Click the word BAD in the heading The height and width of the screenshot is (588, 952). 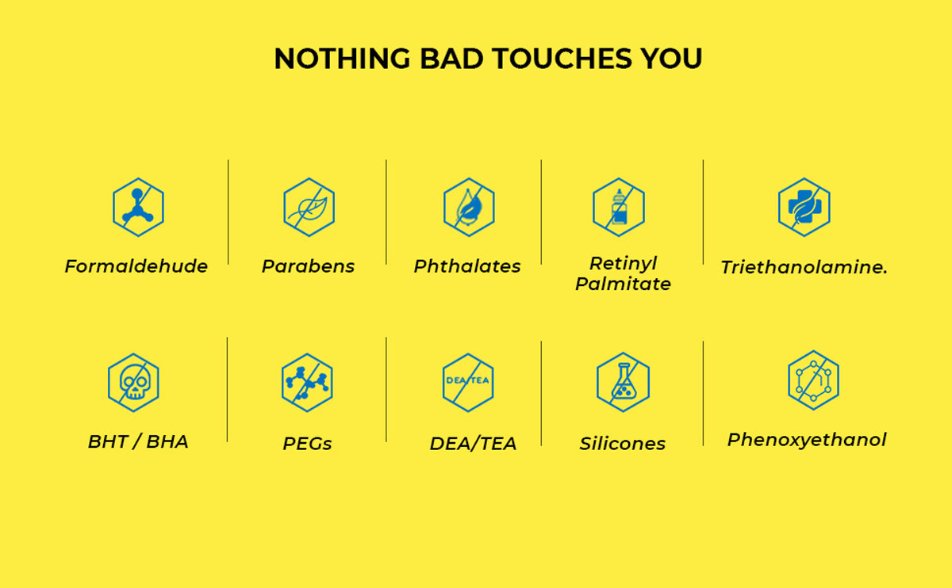pos(451,58)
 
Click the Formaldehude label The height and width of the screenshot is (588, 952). pos(136,266)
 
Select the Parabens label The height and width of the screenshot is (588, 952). pos(308,266)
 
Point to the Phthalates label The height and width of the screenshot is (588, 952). pos(467,266)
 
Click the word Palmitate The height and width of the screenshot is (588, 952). pos(623,284)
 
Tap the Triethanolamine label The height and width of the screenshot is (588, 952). pos(804,268)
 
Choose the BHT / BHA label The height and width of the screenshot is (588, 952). pos(138,442)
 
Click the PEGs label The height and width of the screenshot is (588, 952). pos(307,444)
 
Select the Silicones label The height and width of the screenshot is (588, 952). pos(622,444)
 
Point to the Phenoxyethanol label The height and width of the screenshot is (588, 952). pos(807,441)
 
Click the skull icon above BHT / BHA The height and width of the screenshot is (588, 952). pos(134,383)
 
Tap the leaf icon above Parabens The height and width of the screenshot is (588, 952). pos(309,207)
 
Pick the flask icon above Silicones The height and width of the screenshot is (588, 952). pos(623,382)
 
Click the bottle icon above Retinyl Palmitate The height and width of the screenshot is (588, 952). pos(619,207)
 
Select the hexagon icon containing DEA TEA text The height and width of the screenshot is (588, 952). pos(468,383)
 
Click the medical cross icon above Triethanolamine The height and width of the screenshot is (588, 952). pos(804,207)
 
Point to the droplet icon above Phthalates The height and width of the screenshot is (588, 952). pos(469,207)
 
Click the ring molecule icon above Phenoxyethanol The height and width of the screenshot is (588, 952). pos(813,380)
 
